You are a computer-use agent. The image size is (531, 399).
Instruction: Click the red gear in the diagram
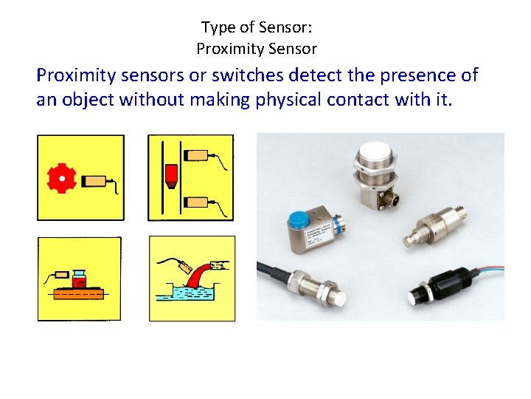(62, 178)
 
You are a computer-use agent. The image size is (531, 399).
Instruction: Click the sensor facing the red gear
(94, 180)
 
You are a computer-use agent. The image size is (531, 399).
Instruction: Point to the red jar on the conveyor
(80, 280)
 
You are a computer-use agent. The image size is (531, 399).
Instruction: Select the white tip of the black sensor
(414, 298)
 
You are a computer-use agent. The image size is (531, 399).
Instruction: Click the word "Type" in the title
(219, 28)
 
